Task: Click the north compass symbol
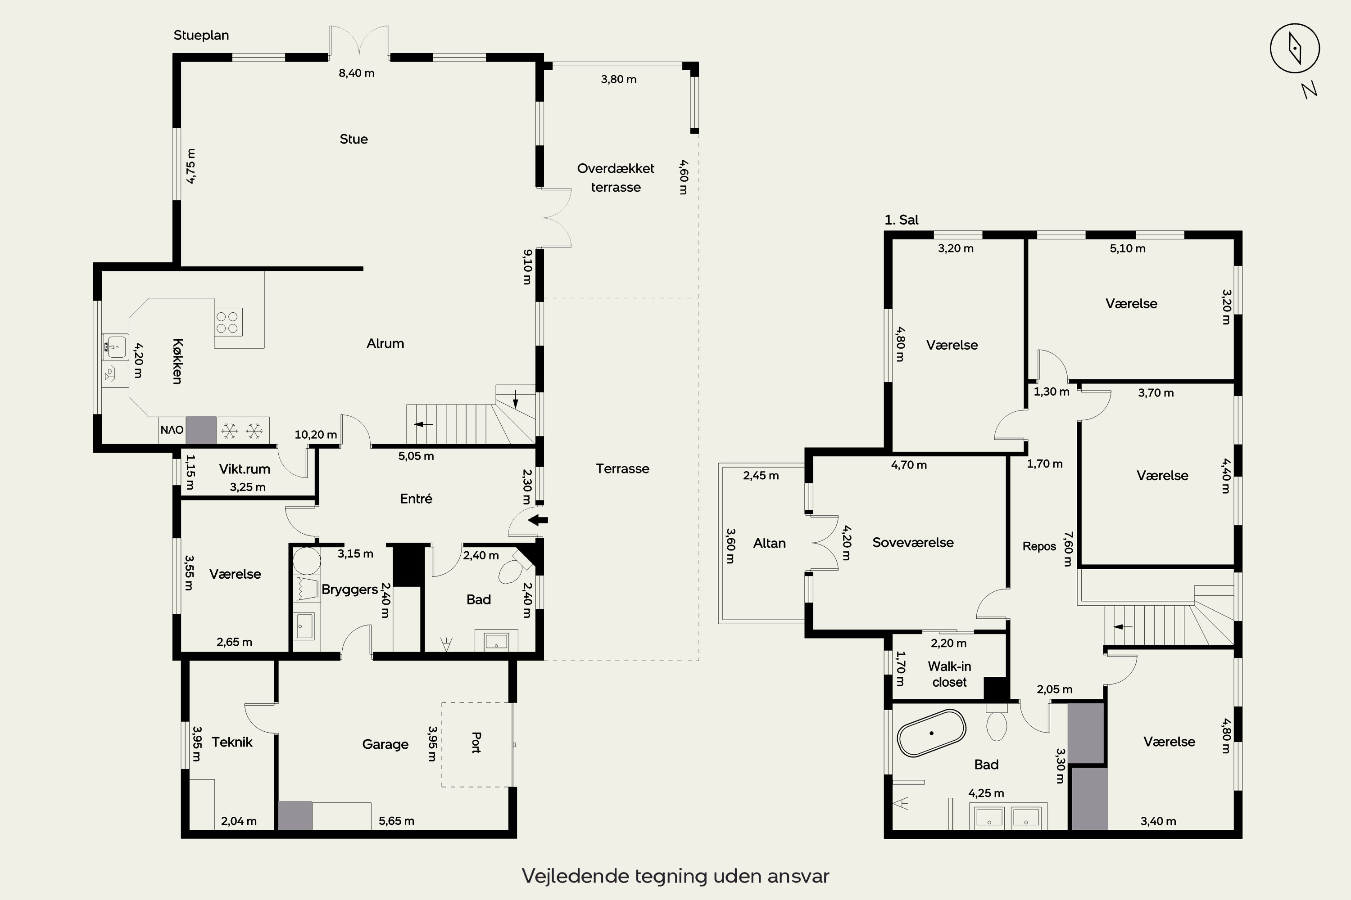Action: click(x=1295, y=49)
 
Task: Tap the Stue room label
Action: click(x=354, y=139)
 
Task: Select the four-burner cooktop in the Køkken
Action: click(x=228, y=322)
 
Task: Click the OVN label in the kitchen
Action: click(x=172, y=430)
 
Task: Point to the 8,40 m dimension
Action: click(x=357, y=73)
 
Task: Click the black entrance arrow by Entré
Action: click(x=538, y=521)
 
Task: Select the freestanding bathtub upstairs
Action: click(x=931, y=733)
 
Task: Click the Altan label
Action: click(x=769, y=543)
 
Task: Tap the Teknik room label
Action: click(x=232, y=742)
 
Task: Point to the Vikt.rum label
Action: click(x=245, y=469)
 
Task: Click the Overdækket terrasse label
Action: click(x=616, y=178)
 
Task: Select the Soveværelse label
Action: click(x=913, y=542)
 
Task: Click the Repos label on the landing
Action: click(x=1039, y=546)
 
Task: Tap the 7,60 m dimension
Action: click(x=1068, y=549)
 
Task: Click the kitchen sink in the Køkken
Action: click(x=115, y=346)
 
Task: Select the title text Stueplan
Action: click(x=201, y=35)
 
